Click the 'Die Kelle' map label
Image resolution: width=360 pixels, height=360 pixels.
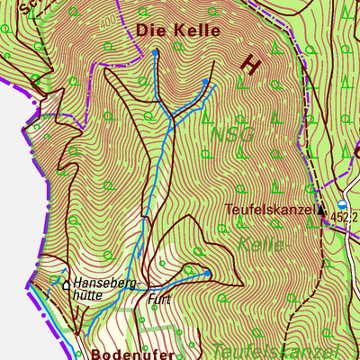click(178, 30)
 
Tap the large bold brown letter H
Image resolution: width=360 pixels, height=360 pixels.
click(251, 64)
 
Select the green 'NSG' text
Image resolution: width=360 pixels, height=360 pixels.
click(233, 134)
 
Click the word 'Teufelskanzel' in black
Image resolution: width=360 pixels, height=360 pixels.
click(269, 210)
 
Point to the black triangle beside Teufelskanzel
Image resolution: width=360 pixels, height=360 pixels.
click(321, 210)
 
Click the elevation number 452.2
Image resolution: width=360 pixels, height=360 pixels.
click(344, 217)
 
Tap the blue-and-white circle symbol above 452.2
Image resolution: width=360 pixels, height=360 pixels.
click(342, 204)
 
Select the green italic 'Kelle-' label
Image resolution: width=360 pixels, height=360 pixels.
click(262, 244)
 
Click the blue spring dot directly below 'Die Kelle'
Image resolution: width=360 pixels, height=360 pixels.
click(155, 52)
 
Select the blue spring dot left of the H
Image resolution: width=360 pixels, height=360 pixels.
click(205, 82)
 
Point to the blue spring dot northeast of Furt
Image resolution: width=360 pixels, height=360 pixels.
click(207, 273)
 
